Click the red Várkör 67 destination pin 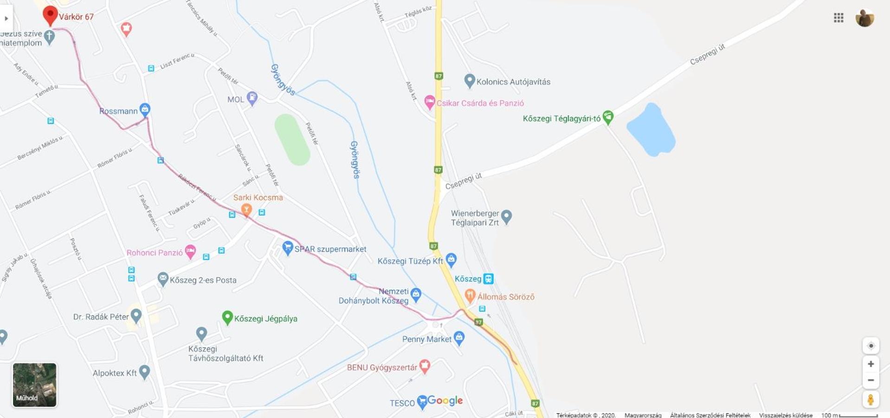(50, 14)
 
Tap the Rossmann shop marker (145, 110)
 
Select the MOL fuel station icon (252, 98)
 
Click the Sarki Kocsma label (258, 197)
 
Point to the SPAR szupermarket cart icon (288, 247)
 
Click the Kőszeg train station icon (488, 279)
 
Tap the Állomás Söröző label (506, 297)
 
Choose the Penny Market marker (459, 338)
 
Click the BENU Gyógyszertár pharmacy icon (424, 366)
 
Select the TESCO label (402, 403)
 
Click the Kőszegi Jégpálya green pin (227, 317)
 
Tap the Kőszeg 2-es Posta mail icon (162, 279)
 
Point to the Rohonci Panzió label (155, 253)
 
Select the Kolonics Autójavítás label (513, 82)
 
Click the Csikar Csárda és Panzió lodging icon (430, 102)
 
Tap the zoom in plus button (871, 364)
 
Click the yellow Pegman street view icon (871, 399)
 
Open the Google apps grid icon (838, 18)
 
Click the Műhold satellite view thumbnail (34, 385)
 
